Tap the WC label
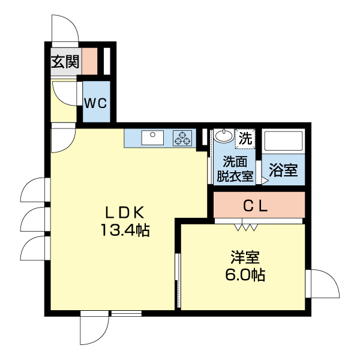pos(95,103)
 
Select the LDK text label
pos(125,212)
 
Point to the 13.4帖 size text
pos(125,230)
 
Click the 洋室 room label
pos(245,258)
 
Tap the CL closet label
pos(259,206)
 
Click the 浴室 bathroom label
pos(283,170)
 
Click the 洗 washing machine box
pos(246,138)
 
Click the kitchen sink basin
pos(153,138)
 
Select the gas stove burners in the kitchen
pos(182,139)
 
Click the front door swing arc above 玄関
pos(64,29)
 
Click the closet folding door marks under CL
pos(246,226)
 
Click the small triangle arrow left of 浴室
pos(264,179)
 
